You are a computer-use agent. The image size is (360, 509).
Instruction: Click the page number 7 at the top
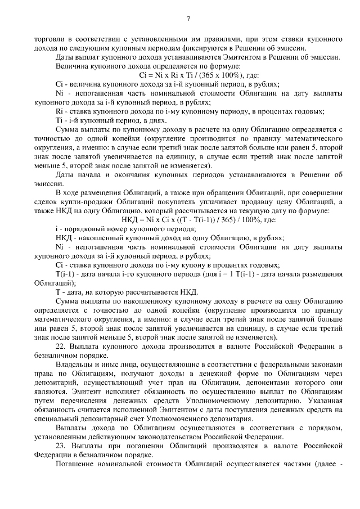click(x=188, y=19)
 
